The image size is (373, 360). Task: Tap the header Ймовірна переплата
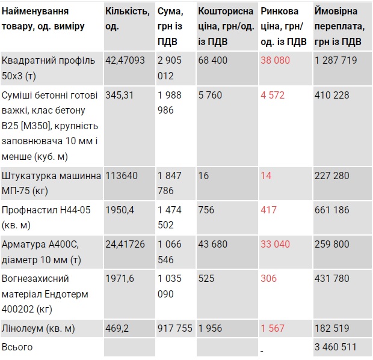pos(338,26)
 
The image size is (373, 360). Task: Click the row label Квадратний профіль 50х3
pos(46,68)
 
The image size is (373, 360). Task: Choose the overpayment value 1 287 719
pos(336,60)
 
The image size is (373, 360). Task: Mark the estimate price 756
pos(206,210)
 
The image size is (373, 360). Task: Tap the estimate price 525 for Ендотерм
pos(206,278)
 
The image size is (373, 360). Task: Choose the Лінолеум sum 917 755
pos(175,328)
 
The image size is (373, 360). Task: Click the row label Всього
pos(17,347)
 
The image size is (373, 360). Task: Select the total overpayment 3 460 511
pos(336,347)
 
